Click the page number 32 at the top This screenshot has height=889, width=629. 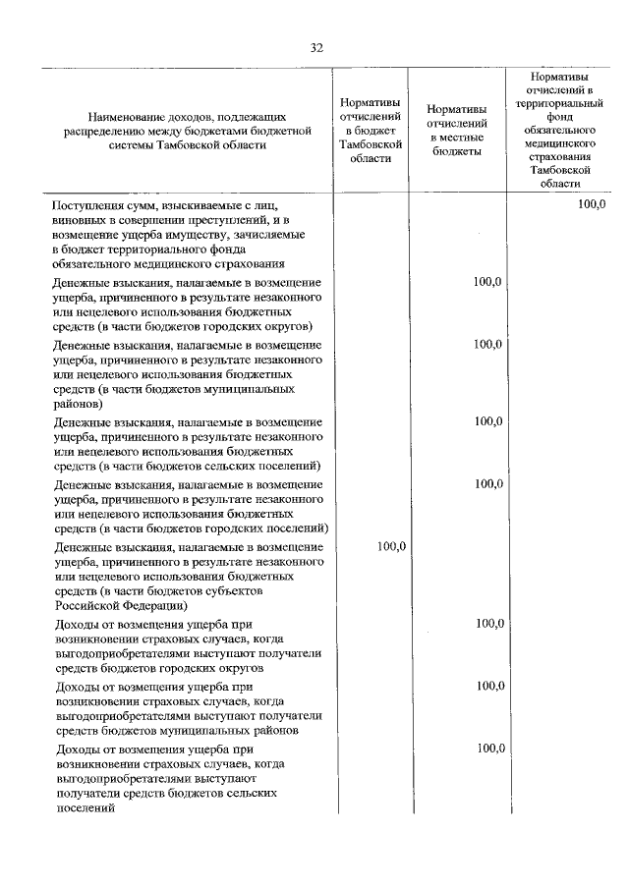coord(315,47)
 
